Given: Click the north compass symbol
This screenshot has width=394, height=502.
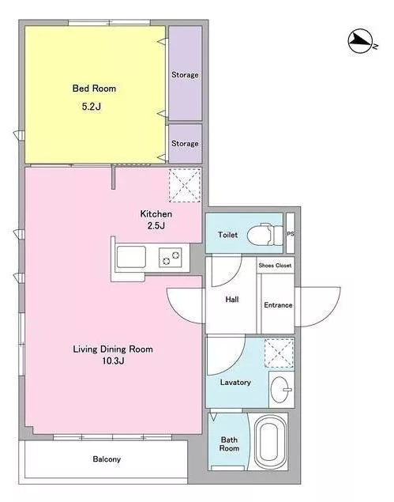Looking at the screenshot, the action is pos(361,41).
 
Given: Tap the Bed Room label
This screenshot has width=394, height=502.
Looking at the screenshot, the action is pos(94,88).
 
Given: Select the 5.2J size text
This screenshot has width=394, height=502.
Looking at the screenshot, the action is pos(92,106).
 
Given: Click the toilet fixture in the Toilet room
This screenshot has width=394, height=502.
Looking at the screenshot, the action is pos(265,234).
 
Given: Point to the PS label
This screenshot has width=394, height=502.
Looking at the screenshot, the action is pos(291,234).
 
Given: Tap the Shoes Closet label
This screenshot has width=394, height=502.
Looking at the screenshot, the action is pos(275,266).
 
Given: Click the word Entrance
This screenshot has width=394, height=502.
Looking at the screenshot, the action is pos(278,305).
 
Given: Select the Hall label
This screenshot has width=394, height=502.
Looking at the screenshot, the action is pos(232,300).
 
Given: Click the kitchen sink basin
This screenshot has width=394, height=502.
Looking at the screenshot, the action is pos(131,257).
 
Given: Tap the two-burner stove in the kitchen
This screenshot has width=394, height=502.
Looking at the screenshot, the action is pos(171,258).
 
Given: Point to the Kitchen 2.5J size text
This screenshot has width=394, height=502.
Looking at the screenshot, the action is pos(156,226).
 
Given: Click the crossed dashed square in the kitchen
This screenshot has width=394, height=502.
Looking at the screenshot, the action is pos(185,185).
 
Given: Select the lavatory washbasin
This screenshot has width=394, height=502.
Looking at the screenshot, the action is pos(281,390).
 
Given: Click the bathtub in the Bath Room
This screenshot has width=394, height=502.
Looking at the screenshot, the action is pos(271,442).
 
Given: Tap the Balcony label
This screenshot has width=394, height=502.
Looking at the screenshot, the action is pos(107,459).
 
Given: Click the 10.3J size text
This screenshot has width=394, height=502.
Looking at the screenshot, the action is pos(113,360).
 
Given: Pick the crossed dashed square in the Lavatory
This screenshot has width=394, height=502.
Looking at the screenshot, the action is pos(280,353).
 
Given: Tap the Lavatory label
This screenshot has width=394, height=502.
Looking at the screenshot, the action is pos(235,383).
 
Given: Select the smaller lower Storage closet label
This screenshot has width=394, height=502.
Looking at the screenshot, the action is pos(185,143).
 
